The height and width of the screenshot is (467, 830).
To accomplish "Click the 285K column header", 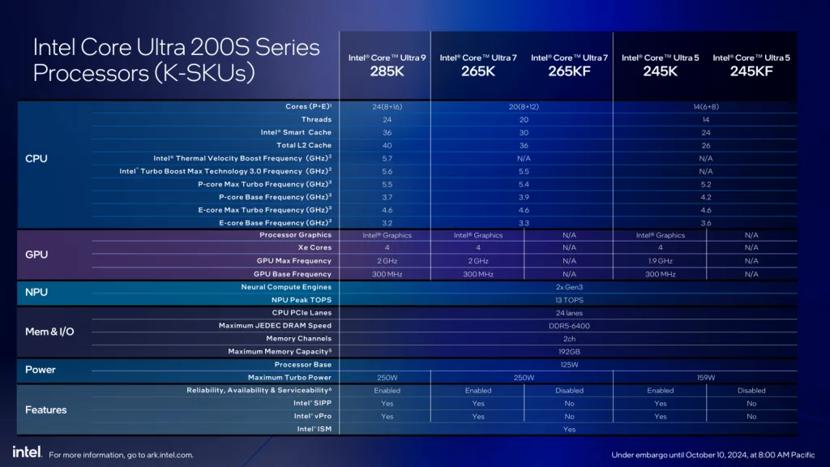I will point(387,65).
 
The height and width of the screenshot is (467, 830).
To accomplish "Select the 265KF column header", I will point(569,65).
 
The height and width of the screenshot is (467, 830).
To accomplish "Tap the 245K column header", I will point(660,65).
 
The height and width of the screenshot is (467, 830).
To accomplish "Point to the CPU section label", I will point(36,158).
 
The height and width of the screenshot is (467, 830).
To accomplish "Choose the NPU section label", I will point(37,292).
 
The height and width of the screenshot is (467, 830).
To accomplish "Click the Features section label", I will point(46,409).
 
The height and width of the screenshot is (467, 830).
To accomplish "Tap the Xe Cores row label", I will point(314,247).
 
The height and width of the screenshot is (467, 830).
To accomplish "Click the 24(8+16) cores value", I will point(387,106).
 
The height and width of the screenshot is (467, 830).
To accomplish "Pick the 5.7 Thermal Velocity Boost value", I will point(387,158).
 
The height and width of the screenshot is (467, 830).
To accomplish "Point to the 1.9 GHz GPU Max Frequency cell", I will point(660,260).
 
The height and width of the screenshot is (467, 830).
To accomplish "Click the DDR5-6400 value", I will point(569,325).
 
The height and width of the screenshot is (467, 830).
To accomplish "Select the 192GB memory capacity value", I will point(569,351).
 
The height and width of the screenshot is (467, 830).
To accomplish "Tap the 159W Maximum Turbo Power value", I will point(705,377).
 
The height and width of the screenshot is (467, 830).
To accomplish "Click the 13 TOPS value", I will point(569,299).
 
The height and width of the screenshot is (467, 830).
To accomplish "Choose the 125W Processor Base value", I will point(569,364).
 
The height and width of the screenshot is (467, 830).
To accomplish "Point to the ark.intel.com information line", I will point(122,455).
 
